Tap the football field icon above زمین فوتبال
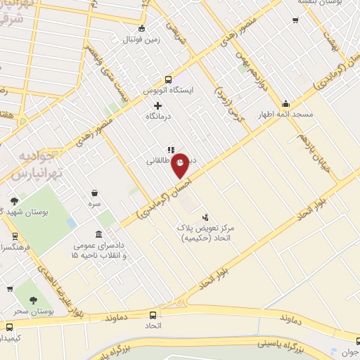pos(142,29)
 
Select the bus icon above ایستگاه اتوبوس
pos(167,79)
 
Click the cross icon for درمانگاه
pos(157,105)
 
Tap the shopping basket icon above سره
pos(94,192)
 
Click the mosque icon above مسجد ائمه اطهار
pos(285,103)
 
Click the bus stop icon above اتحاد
pos(153,316)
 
